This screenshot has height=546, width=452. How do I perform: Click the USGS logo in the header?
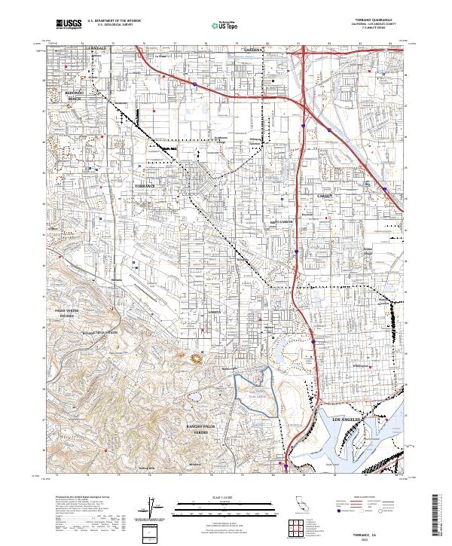69,25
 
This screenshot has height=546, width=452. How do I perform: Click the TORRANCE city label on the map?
143,185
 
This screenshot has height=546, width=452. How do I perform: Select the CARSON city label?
325,196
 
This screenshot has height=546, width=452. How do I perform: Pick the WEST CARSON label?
281,223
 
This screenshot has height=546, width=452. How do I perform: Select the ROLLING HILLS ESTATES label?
100,332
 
